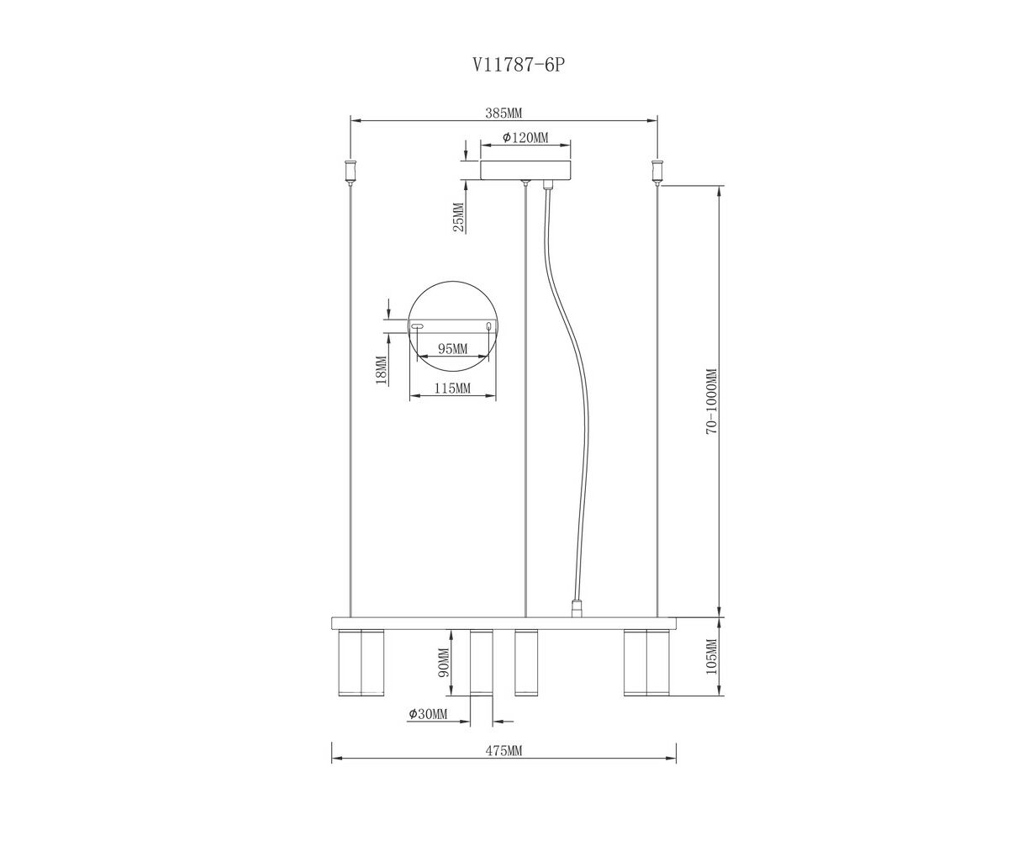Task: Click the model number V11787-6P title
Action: (x=518, y=65)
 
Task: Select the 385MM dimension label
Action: (x=503, y=114)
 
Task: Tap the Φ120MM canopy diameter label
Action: (x=525, y=138)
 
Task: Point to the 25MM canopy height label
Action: (x=459, y=217)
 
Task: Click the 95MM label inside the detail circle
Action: (x=452, y=349)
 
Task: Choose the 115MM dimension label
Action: (x=452, y=389)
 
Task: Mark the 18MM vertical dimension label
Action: (x=382, y=371)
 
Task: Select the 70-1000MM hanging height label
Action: (x=712, y=401)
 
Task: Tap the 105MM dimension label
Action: (x=712, y=657)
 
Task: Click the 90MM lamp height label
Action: (x=444, y=662)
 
